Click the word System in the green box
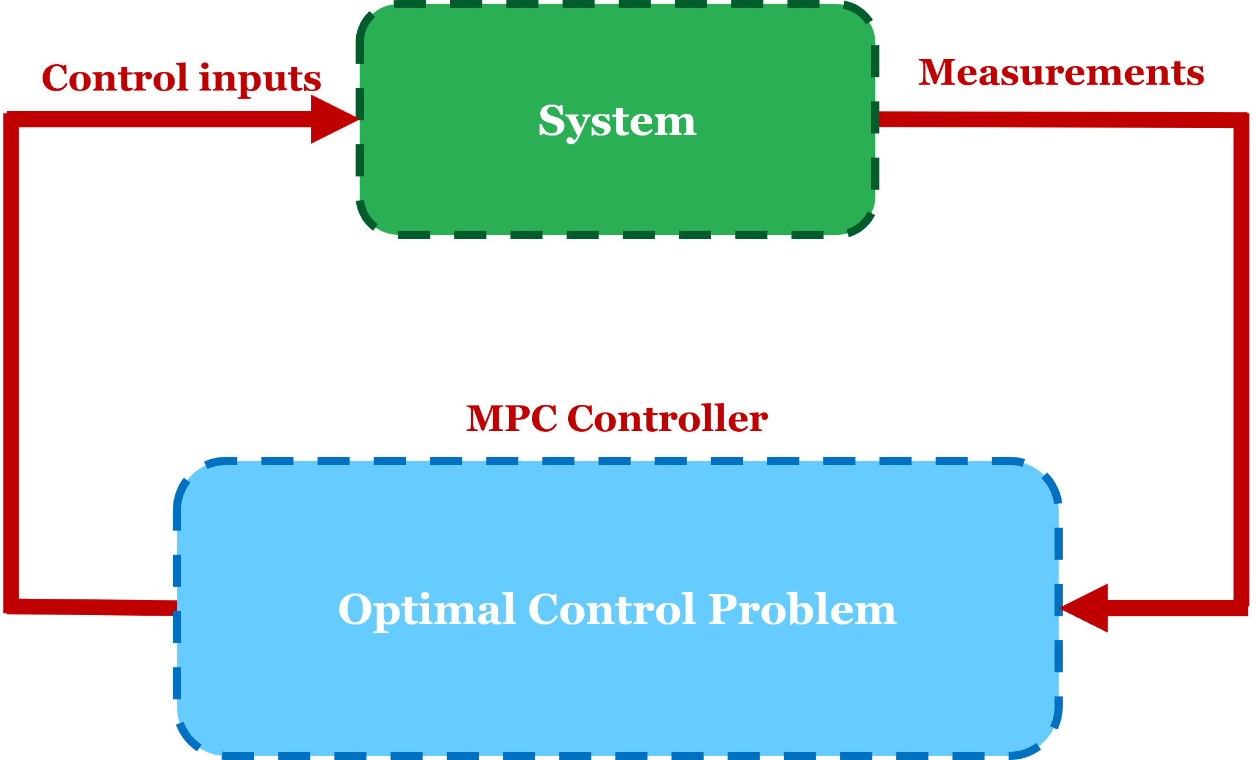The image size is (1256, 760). pos(617,122)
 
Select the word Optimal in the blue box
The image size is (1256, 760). pos(426,610)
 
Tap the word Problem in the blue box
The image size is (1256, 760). pos(802,610)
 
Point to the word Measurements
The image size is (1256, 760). pos(1061,74)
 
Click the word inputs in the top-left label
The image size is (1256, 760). pos(260,79)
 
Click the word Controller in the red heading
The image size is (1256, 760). pos(667,419)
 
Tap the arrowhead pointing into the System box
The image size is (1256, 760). pos(333,119)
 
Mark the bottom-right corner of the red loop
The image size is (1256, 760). pos(1241,608)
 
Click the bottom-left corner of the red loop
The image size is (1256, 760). pos(12,606)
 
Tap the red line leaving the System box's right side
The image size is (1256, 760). pos(934,119)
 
